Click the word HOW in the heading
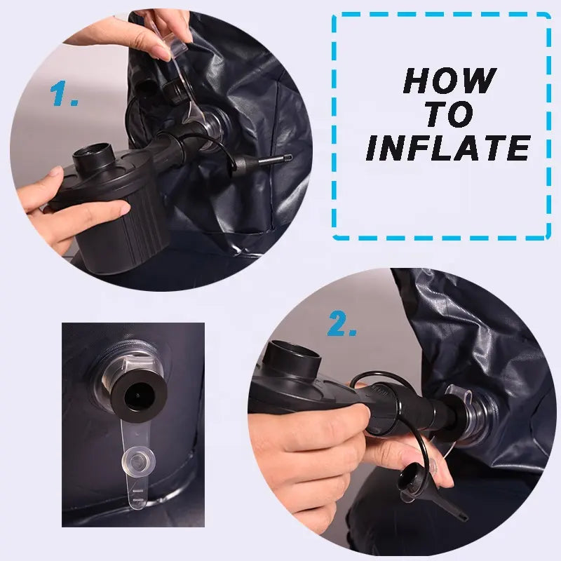coord(450,81)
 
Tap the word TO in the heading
coord(450,114)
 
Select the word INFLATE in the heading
coord(448,148)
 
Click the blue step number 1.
coord(63,93)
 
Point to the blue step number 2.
coord(342,323)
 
